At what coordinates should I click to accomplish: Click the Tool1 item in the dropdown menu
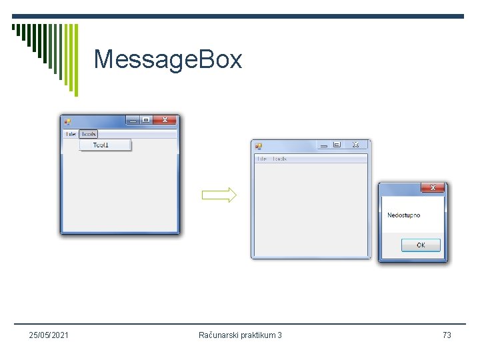click(x=101, y=145)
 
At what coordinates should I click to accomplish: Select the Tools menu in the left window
click(x=88, y=134)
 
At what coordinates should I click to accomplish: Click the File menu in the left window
click(x=70, y=134)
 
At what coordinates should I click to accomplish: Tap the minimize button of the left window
click(x=133, y=121)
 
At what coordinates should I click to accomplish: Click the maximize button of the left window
click(x=145, y=121)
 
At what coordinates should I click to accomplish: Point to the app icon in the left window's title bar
click(x=67, y=121)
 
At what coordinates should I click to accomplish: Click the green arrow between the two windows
click(x=219, y=195)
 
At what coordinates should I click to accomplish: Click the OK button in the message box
click(x=421, y=245)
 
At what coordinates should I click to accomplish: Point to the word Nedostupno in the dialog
click(x=404, y=215)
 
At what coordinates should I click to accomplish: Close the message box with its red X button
click(x=433, y=188)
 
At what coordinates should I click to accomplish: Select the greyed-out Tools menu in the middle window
click(x=279, y=159)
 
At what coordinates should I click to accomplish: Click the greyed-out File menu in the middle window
click(x=261, y=159)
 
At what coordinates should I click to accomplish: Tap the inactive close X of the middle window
click(x=355, y=145)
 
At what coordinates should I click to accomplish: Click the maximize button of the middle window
click(x=337, y=145)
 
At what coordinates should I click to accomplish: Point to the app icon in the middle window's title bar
click(x=259, y=146)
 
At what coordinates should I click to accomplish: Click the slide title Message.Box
click(x=168, y=59)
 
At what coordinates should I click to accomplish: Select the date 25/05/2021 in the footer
click(x=49, y=335)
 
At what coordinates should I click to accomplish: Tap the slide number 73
click(x=447, y=335)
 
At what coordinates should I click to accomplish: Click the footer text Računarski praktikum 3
click(x=240, y=335)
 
